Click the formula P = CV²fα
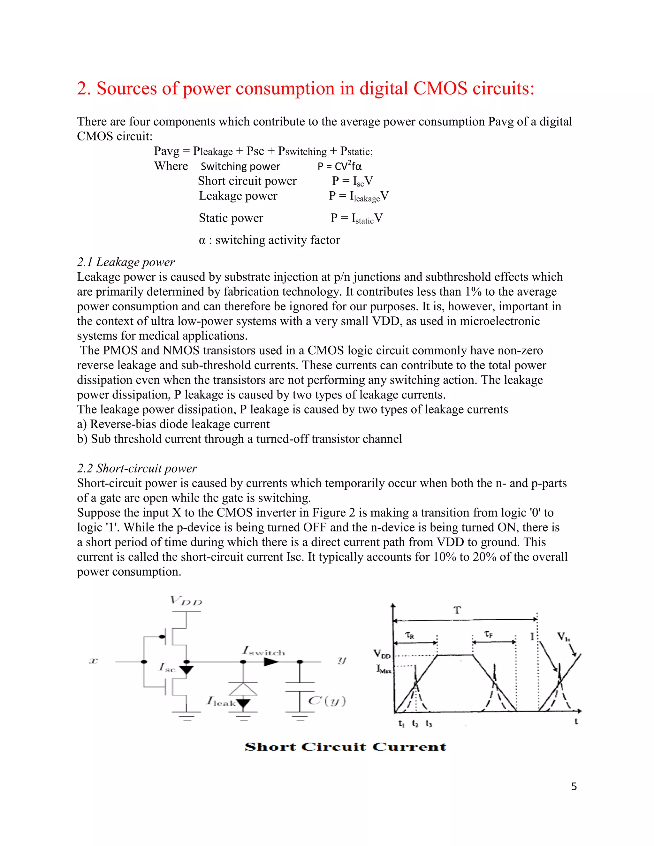pyautogui.click(x=339, y=166)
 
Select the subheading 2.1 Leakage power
pyautogui.click(x=125, y=262)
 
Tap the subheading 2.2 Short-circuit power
pyautogui.click(x=137, y=468)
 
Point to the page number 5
pyautogui.click(x=574, y=786)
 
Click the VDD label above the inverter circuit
pyautogui.click(x=186, y=601)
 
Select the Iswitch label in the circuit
pyautogui.click(x=263, y=651)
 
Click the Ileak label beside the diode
pyautogui.click(x=221, y=701)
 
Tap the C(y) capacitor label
pyautogui.click(x=327, y=701)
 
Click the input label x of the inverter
pyautogui.click(x=93, y=661)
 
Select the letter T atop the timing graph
pyautogui.click(x=457, y=610)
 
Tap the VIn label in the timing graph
pyautogui.click(x=563, y=637)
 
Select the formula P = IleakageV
pyautogui.click(x=358, y=196)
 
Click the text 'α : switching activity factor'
pyautogui.click(x=269, y=240)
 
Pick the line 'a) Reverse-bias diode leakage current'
pyautogui.click(x=173, y=424)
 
